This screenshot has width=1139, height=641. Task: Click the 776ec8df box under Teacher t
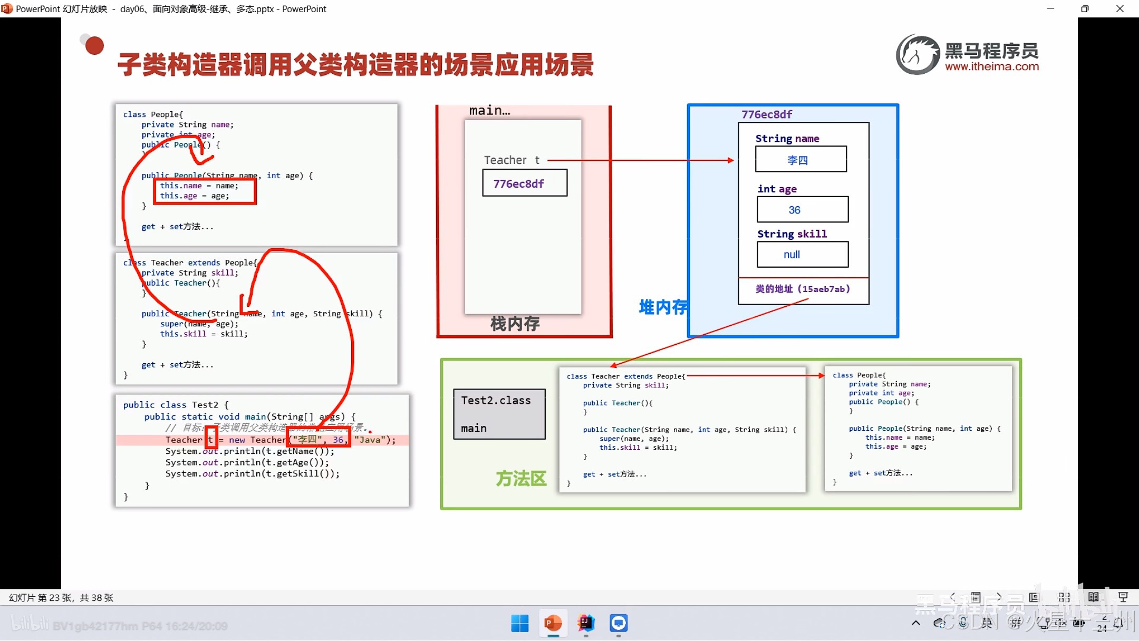point(525,183)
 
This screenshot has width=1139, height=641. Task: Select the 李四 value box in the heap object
point(800,159)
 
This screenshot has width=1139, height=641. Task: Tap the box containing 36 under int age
point(802,209)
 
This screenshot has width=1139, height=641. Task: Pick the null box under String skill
point(802,255)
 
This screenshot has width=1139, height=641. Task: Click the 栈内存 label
point(515,323)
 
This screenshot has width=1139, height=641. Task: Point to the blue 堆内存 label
point(663,307)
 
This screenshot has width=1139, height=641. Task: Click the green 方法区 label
point(520,478)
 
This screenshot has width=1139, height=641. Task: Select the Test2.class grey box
point(499,414)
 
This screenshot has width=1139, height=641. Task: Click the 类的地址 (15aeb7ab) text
point(802,289)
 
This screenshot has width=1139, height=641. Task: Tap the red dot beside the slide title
point(94,46)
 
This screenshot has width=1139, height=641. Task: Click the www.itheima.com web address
point(991,67)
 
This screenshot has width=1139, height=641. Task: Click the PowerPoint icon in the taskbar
point(553,624)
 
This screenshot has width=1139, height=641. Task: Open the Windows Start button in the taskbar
point(519,624)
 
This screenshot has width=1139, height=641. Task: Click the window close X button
point(1120,9)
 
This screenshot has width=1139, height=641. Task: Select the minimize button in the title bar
point(1050,9)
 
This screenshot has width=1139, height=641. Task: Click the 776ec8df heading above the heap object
point(766,114)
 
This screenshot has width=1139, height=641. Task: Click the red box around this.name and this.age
point(205,191)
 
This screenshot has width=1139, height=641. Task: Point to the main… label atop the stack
point(489,111)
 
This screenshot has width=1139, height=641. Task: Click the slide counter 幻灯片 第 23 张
point(61,597)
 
